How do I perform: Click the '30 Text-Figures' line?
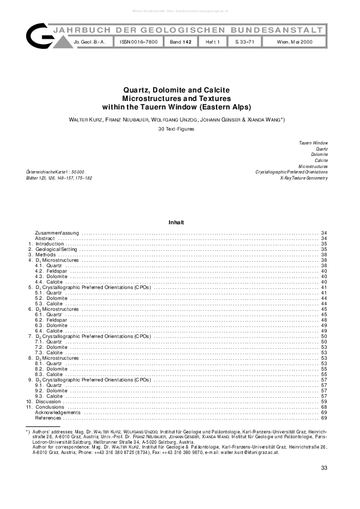click(x=180, y=129)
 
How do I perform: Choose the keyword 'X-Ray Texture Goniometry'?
click(x=304, y=178)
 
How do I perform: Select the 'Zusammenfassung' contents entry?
click(x=57, y=233)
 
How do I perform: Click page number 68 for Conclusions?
click(x=324, y=407)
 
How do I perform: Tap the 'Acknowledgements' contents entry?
click(x=57, y=412)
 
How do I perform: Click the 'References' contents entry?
click(x=48, y=418)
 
